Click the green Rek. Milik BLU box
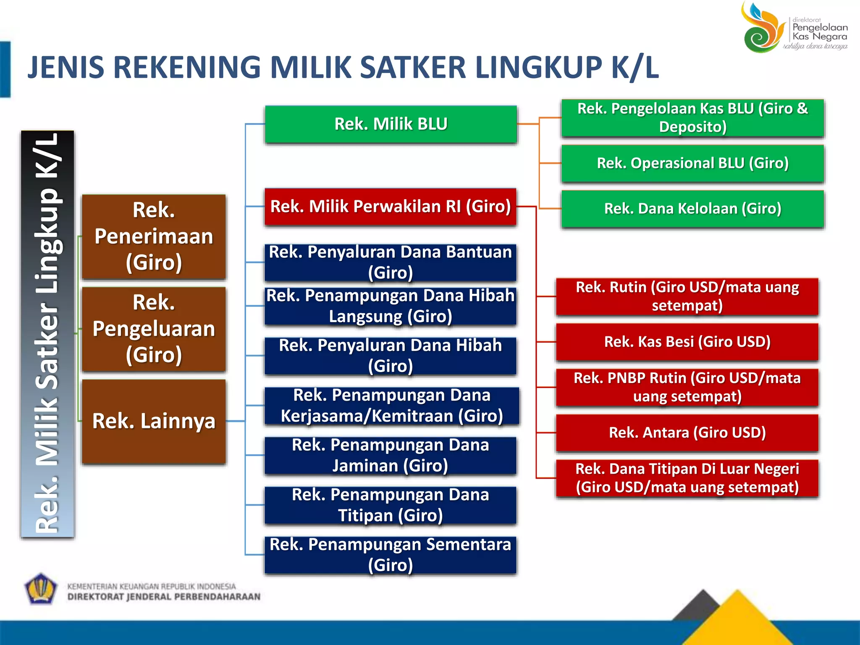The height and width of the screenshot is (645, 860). pyautogui.click(x=391, y=124)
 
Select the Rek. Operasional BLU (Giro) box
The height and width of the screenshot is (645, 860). pyautogui.click(x=692, y=163)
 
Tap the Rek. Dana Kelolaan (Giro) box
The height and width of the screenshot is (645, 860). pyautogui.click(x=692, y=209)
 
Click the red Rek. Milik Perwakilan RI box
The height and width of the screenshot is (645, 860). pyautogui.click(x=391, y=207)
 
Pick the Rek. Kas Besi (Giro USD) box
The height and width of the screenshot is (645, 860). pyautogui.click(x=687, y=342)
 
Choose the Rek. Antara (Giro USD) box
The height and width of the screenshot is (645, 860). pyautogui.click(x=687, y=433)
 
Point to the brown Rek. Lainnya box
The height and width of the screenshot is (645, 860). pyautogui.click(x=154, y=421)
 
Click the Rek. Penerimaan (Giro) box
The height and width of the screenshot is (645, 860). pyautogui.click(x=154, y=236)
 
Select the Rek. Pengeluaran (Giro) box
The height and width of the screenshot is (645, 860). pyautogui.click(x=154, y=329)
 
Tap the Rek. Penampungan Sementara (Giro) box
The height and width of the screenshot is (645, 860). pyautogui.click(x=391, y=555)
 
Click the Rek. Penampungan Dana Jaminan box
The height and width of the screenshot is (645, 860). pyautogui.click(x=391, y=456)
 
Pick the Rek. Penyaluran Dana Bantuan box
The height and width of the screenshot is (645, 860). pyautogui.click(x=391, y=262)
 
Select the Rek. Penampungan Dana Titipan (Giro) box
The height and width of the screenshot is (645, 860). pyautogui.click(x=391, y=505)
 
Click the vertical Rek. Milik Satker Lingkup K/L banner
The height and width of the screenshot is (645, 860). pyautogui.click(x=47, y=334)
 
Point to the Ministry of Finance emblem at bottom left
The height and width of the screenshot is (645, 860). pyautogui.click(x=40, y=589)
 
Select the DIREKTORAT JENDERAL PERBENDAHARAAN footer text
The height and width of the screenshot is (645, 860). pyautogui.click(x=164, y=597)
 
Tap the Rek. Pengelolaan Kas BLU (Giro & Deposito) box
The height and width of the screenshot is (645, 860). pyautogui.click(x=692, y=118)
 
